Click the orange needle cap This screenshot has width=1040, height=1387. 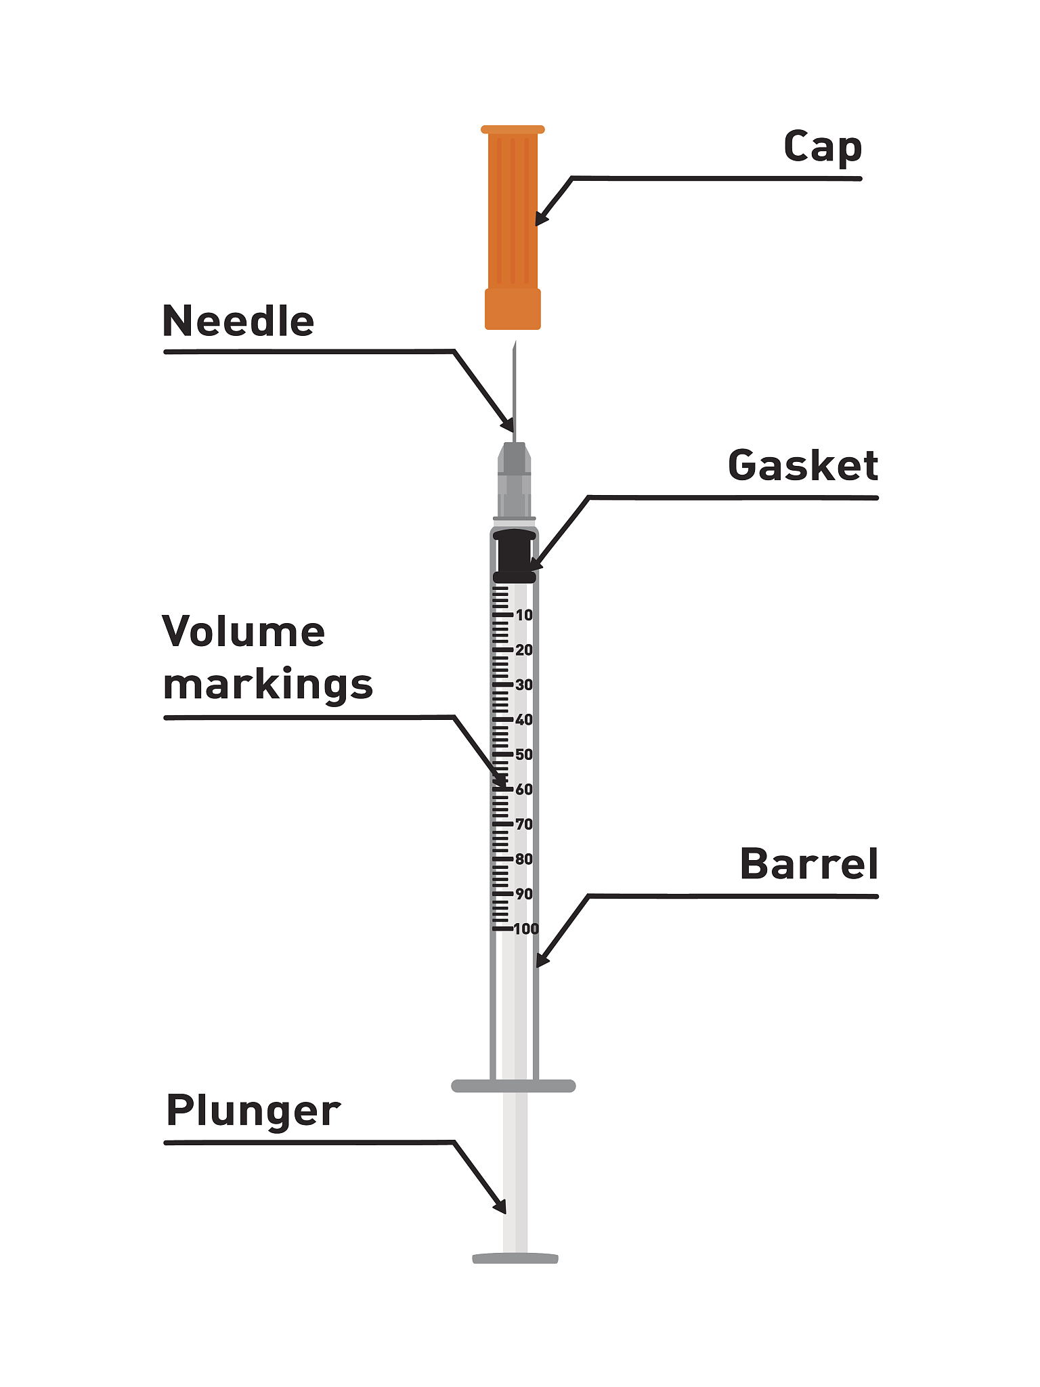tap(513, 223)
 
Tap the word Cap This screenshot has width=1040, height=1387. tap(822, 147)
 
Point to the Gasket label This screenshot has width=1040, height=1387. tap(802, 466)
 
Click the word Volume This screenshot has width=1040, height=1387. tap(244, 632)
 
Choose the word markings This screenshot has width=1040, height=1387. tap(267, 685)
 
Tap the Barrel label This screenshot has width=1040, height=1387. tap(808, 864)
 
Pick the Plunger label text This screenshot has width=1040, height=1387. tap(253, 1111)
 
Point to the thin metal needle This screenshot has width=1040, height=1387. tap(515, 386)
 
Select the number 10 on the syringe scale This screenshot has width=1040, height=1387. tap(524, 616)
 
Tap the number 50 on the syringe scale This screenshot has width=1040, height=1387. tap(524, 754)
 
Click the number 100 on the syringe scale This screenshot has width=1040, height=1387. tap(526, 929)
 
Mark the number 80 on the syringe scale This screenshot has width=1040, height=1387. tap(524, 859)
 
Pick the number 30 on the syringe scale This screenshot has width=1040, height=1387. tap(524, 685)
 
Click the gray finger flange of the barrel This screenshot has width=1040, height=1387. tap(513, 1086)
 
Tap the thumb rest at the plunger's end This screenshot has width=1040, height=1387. tap(515, 1258)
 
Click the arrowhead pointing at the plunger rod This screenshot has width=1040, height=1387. tap(500, 1208)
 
